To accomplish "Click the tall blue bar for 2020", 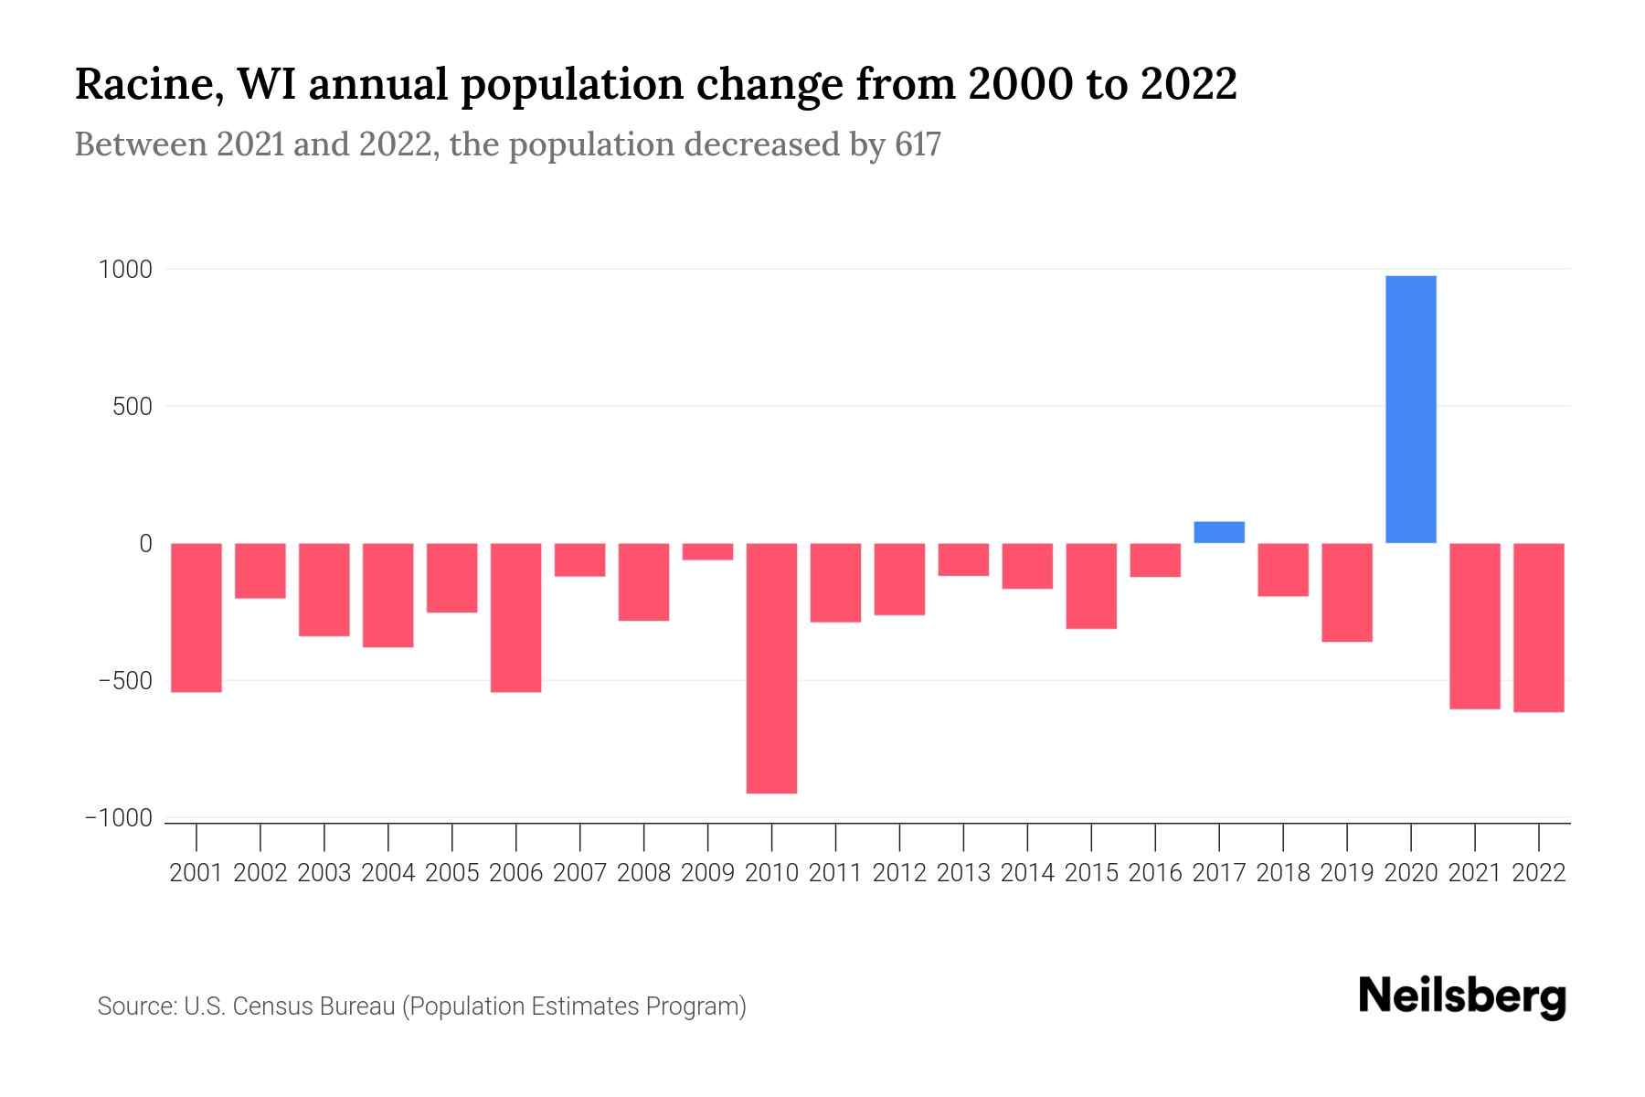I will [1410, 410].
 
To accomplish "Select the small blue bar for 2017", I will [1218, 532].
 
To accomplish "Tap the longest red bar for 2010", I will [771, 667].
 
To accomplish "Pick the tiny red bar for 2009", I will [707, 551].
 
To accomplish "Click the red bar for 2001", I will [196, 617].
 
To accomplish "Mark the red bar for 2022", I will [1538, 627].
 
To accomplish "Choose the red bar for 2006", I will [515, 617].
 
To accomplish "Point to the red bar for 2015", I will [1090, 586].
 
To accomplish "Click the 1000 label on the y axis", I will [125, 270].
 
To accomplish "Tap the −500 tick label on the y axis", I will [125, 681].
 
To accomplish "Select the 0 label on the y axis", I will [144, 544].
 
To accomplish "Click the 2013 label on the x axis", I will [963, 873].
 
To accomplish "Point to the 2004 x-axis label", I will [387, 873].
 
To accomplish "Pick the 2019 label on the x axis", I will [1346, 873].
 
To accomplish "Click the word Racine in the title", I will [143, 84].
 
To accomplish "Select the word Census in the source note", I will [271, 1006].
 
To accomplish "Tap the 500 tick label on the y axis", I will [132, 407].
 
